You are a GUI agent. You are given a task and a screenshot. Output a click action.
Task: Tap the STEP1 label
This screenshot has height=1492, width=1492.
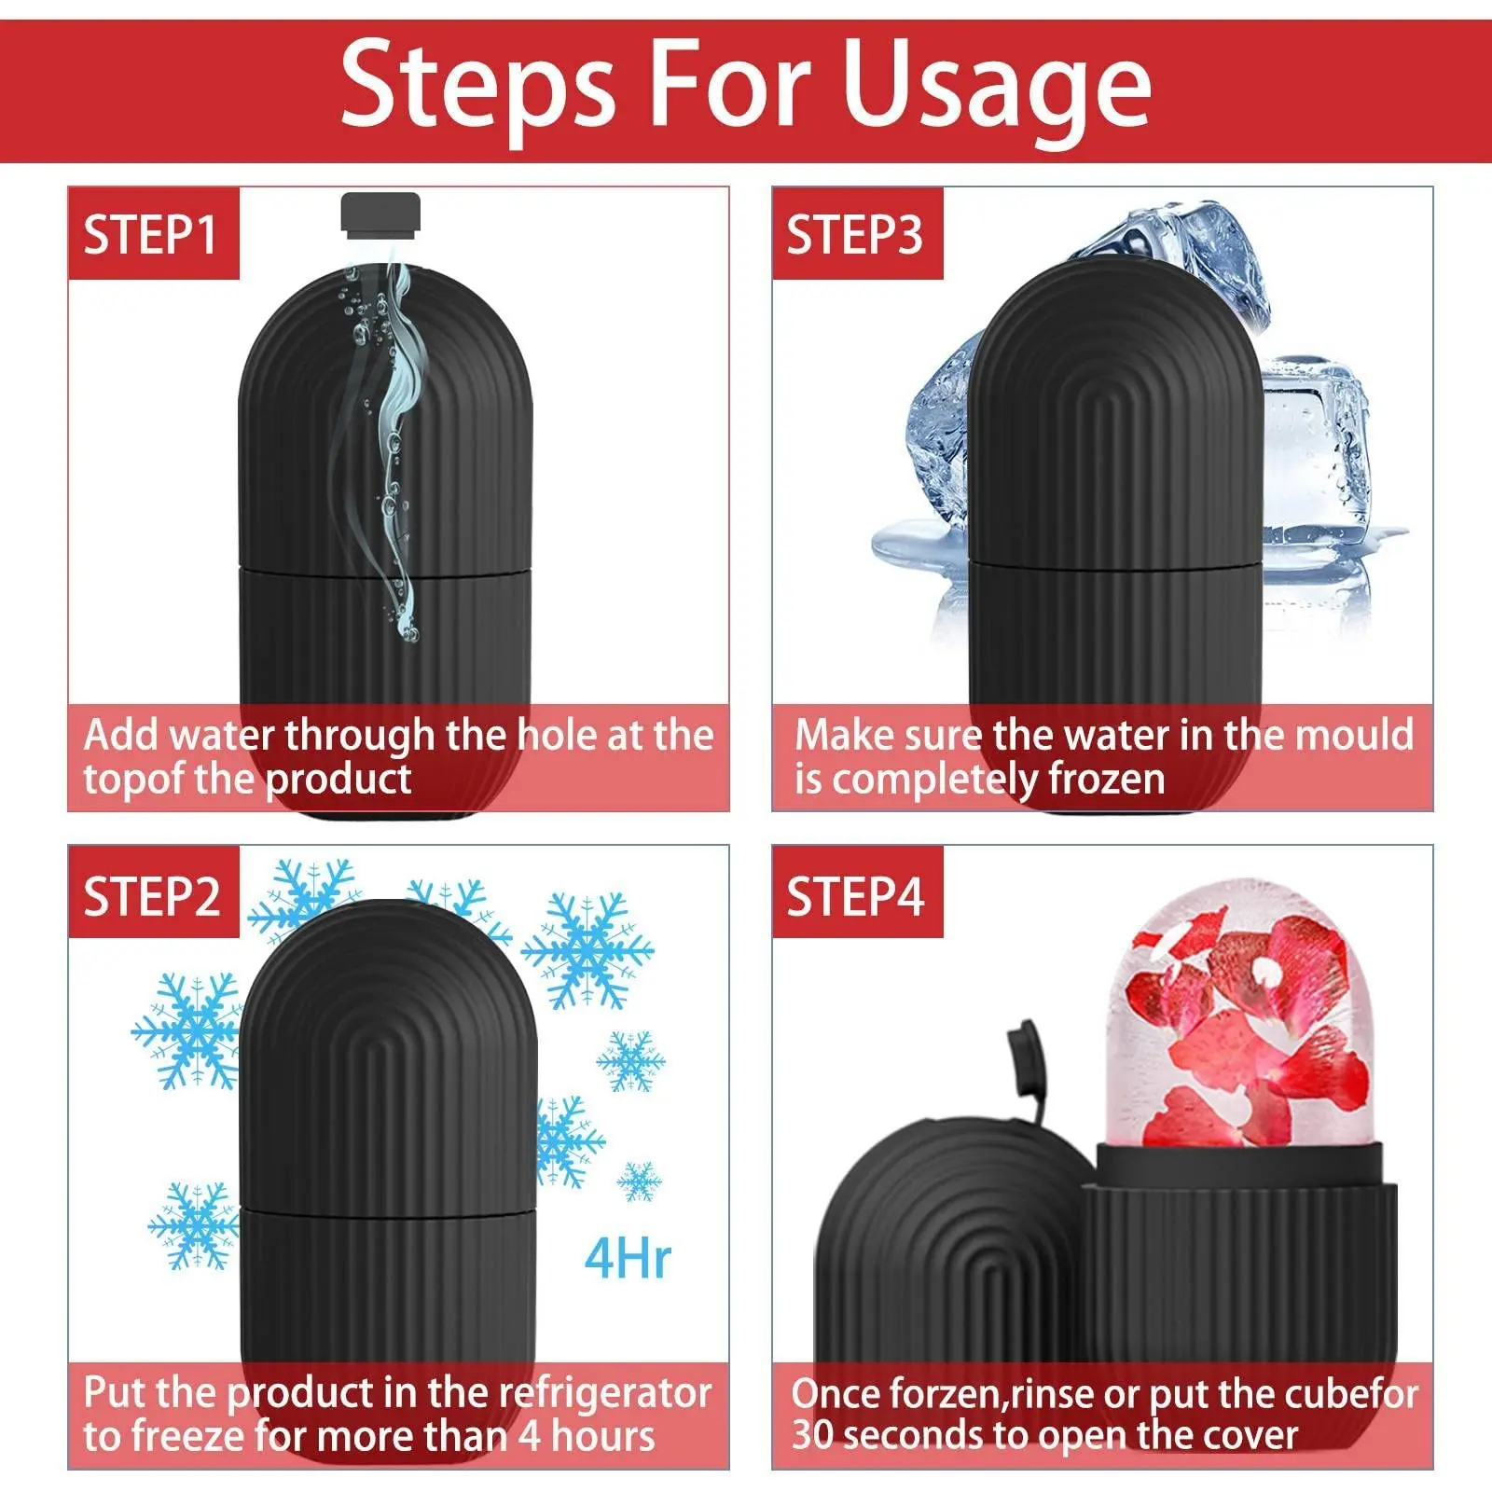pyautogui.click(x=151, y=234)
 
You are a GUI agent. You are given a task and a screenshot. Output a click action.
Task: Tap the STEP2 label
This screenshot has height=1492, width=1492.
pyautogui.click(x=152, y=896)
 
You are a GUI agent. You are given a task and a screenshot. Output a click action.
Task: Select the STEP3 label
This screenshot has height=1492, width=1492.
pyautogui.click(x=855, y=234)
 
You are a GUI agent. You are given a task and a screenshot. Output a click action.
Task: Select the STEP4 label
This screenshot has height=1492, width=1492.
pyautogui.click(x=855, y=896)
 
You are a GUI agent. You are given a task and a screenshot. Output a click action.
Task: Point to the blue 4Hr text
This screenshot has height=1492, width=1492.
pyautogui.click(x=628, y=1259)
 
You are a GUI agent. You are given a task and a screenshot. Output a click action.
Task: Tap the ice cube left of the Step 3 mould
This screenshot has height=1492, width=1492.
pyautogui.click(x=937, y=438)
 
